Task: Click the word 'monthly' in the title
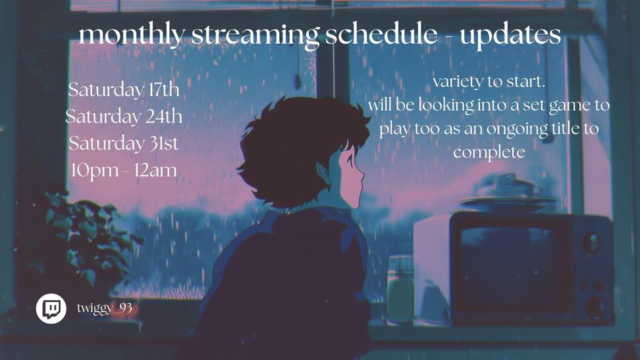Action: point(132,36)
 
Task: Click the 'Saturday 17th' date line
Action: point(124,90)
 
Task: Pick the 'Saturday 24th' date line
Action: point(124,116)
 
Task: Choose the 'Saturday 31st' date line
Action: point(124,143)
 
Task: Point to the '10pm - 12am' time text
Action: point(124,170)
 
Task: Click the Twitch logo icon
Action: point(51,309)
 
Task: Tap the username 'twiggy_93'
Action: point(105,308)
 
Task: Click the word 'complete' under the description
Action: point(489,153)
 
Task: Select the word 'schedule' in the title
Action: point(381,35)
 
